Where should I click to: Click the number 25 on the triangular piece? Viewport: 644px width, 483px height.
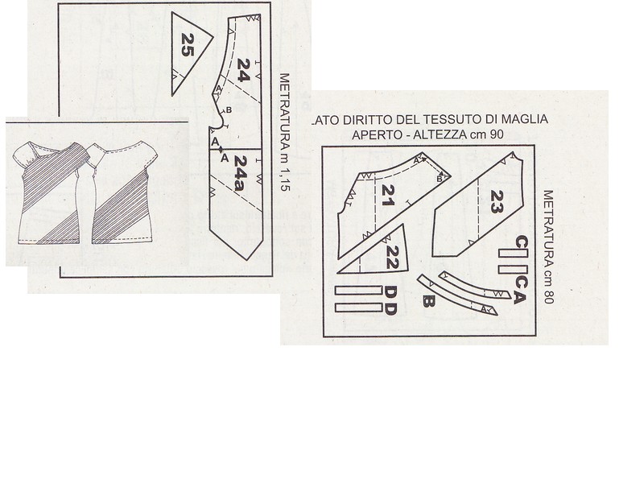pos(188,45)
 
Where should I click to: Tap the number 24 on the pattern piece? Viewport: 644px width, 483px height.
pos(243,70)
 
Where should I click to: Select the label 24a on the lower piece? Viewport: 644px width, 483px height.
pos(240,173)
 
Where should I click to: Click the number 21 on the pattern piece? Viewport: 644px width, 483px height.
pos(388,196)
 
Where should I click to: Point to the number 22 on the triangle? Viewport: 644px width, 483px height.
pos(392,258)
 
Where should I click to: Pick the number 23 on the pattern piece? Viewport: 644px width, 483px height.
pos(496,202)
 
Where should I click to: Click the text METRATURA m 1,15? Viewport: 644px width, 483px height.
pos(284,132)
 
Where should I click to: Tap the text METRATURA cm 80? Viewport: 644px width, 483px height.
pos(548,247)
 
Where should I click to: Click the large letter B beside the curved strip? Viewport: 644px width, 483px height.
pos(428,302)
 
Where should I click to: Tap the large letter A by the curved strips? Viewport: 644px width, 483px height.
pos(519,297)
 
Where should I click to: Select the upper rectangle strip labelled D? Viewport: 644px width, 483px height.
pos(358,291)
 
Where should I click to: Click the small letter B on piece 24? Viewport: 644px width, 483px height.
pos(229,110)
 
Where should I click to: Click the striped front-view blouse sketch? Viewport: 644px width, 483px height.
pos(50,192)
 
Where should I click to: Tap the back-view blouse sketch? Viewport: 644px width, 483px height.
pos(118,192)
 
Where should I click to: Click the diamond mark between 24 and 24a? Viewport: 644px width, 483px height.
pos(221,149)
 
